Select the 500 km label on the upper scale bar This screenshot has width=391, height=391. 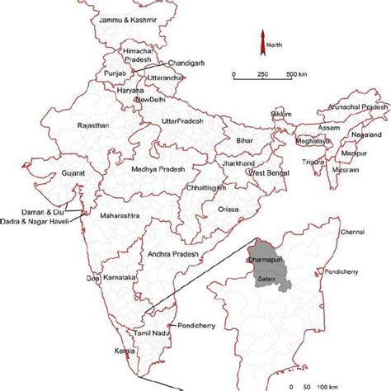(x=295, y=76)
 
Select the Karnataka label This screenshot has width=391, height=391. (x=120, y=277)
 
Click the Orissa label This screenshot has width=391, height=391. (x=228, y=209)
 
